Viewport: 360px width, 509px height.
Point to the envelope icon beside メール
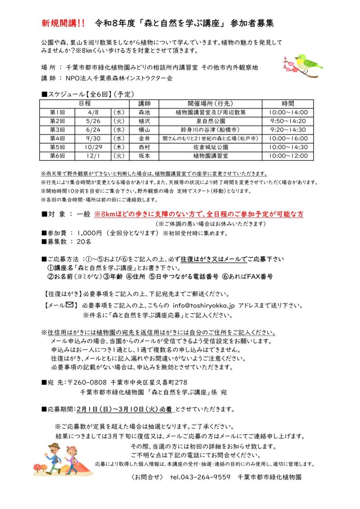click(x=69, y=305)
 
